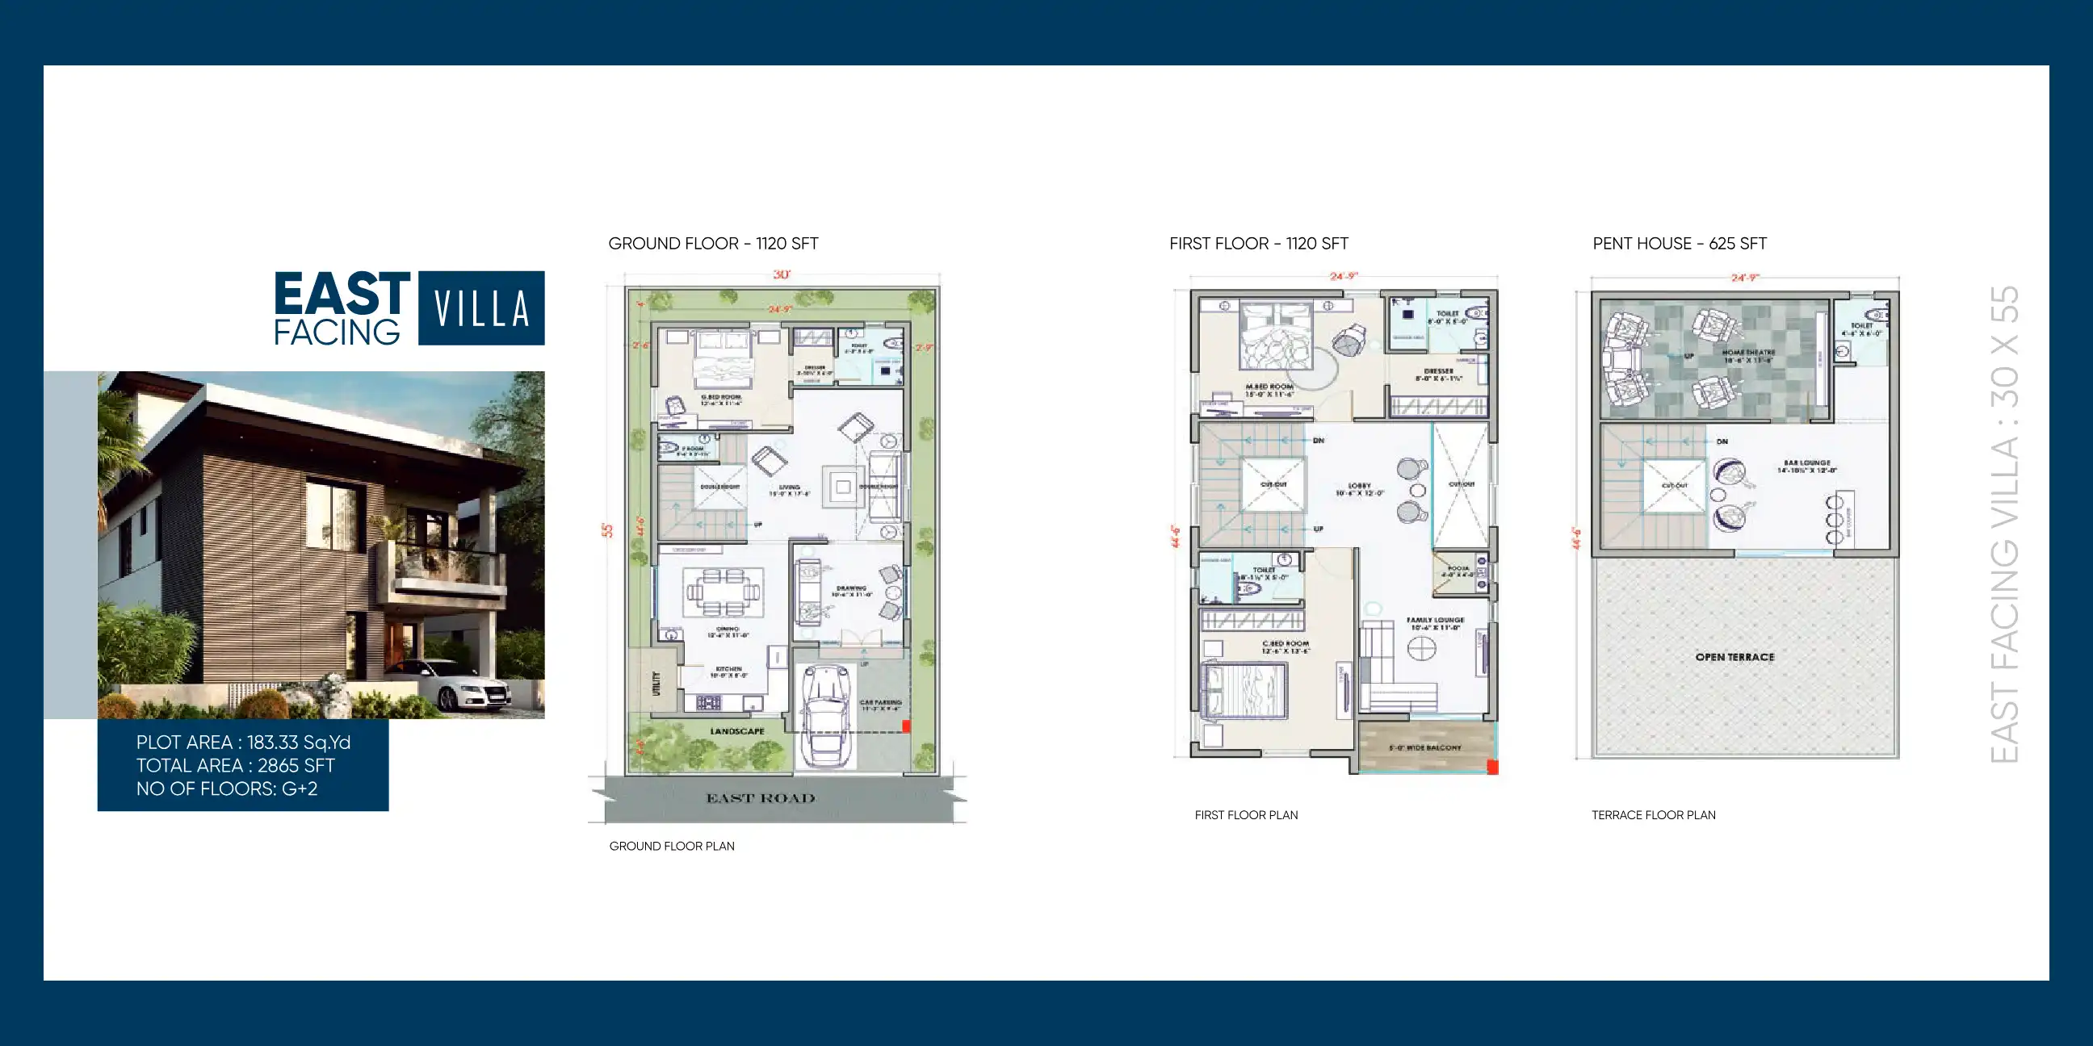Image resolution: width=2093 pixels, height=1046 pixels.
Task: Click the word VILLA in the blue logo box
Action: tap(481, 308)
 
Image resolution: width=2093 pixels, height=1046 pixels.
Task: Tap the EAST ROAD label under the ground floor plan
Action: tap(761, 798)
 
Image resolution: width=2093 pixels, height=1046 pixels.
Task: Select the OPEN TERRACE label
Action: tap(1734, 657)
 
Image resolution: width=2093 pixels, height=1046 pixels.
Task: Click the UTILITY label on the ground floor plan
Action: tap(656, 683)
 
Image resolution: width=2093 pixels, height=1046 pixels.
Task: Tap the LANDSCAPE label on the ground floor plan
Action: tap(737, 731)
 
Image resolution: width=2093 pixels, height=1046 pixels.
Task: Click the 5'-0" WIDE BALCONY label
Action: tap(1425, 747)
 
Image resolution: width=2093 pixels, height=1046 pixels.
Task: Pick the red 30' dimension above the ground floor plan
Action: tap(782, 274)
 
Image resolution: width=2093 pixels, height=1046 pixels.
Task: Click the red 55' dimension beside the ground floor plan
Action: tap(607, 530)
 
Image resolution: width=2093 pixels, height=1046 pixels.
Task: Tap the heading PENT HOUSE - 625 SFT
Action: tap(1680, 244)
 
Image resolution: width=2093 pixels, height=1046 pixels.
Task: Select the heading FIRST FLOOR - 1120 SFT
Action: tap(1259, 244)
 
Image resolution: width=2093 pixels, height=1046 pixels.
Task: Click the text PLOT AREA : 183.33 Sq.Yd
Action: tap(243, 743)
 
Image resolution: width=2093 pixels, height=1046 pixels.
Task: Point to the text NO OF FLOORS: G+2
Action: tap(227, 789)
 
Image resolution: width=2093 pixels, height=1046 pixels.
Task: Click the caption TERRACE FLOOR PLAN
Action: tap(1654, 815)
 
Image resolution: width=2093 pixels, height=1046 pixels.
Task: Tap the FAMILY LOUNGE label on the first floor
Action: tap(1435, 620)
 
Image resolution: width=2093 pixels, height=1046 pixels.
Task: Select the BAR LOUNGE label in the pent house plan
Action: tap(1807, 463)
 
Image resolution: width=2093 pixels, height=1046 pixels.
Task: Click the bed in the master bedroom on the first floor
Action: tap(1276, 337)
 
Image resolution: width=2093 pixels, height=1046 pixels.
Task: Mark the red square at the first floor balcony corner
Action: tap(1491, 767)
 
